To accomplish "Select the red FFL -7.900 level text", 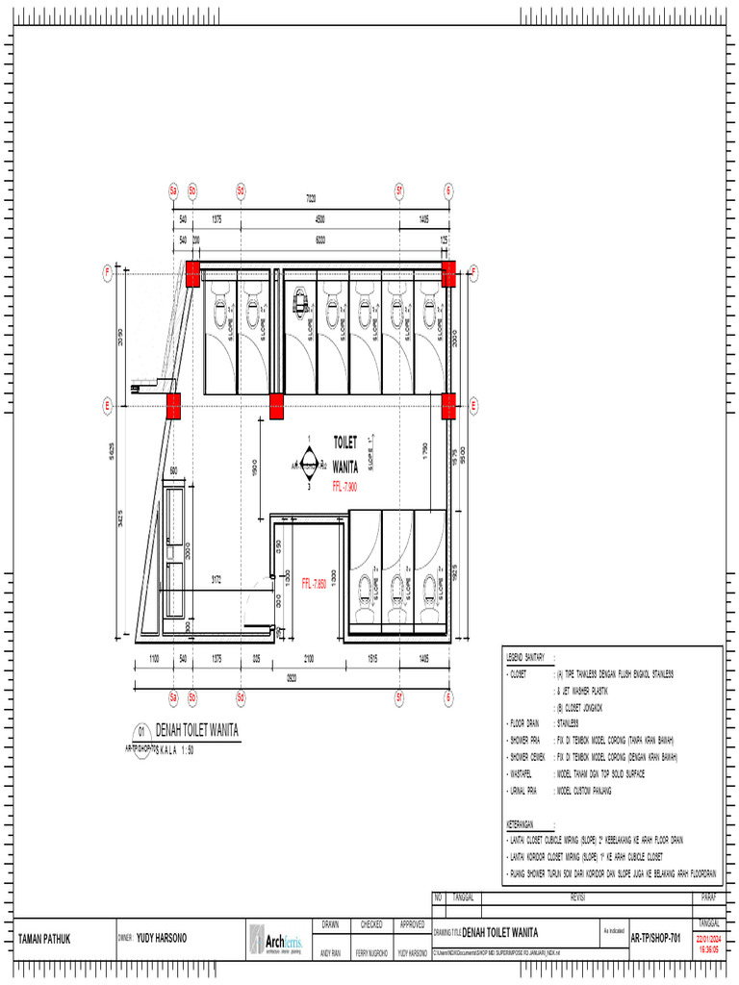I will (344, 486).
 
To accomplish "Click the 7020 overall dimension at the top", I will (311, 199).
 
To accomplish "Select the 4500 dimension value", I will (319, 219).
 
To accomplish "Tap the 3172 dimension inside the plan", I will (217, 579).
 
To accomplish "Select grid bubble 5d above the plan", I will (241, 189).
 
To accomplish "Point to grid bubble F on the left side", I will (108, 272).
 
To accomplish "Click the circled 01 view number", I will (141, 730).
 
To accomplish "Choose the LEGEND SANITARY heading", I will (526, 656).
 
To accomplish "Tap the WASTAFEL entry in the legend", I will (525, 773).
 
